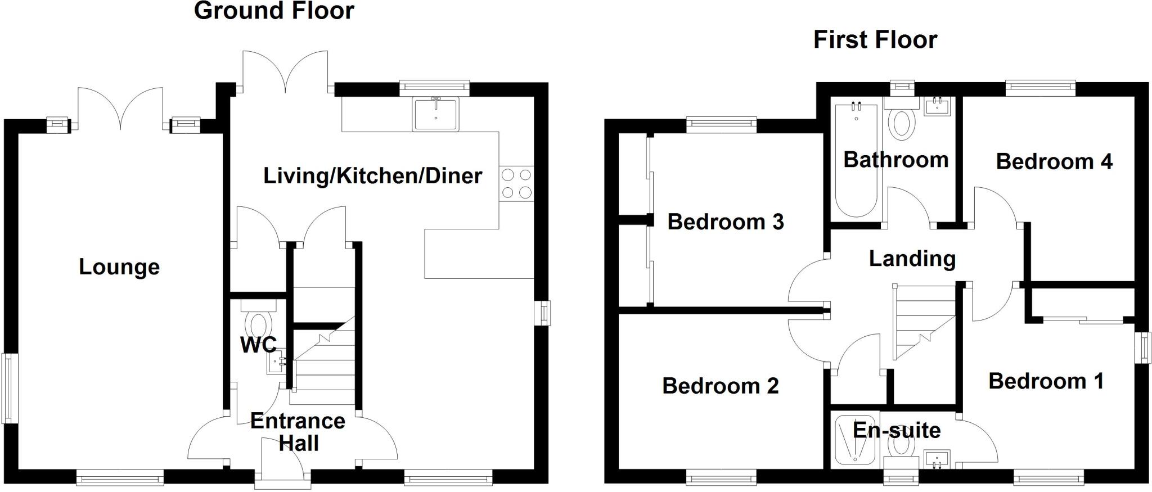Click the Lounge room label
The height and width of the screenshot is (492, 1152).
tap(119, 267)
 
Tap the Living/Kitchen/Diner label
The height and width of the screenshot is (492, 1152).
tap(372, 176)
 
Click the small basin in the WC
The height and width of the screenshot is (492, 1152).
tap(276, 362)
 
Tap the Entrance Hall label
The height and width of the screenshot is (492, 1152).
tap(298, 432)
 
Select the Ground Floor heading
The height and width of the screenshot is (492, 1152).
tap(274, 11)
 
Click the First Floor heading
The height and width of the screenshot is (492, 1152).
tap(875, 40)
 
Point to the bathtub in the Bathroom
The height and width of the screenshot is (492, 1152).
tap(856, 160)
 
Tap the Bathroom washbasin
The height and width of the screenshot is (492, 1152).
tap(937, 106)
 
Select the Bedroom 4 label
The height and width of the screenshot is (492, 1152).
tap(1054, 162)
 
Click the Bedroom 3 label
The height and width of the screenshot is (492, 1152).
tap(726, 222)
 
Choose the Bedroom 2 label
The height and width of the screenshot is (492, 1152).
tap(721, 386)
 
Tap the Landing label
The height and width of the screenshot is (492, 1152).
tap(912, 259)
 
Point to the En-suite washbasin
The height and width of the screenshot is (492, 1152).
tap(937, 459)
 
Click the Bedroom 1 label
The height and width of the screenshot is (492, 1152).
tap(1046, 381)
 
